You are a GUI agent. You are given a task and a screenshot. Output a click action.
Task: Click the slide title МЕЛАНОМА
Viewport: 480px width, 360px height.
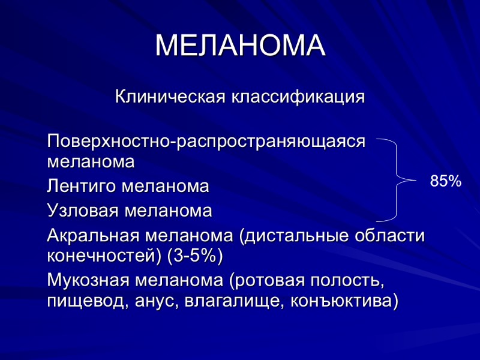click(240, 46)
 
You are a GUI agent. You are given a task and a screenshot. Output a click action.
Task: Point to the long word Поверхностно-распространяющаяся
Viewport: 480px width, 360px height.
click(206, 142)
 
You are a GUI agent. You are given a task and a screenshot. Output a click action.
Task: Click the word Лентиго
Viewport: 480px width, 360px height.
click(82, 187)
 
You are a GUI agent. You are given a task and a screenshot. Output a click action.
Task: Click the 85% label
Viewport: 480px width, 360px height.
click(446, 181)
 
